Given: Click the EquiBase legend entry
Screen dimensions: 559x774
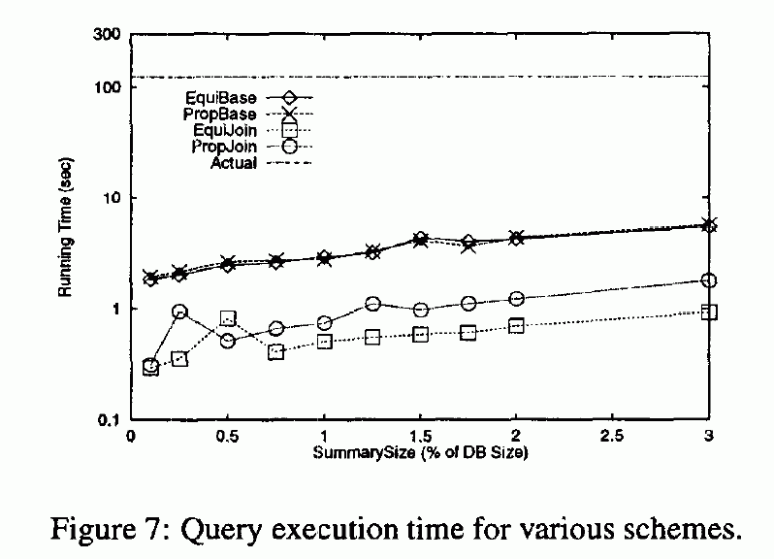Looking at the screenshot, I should tap(222, 98).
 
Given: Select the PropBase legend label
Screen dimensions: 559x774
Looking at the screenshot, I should tap(222, 115).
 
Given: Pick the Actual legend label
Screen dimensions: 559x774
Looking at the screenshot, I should tap(234, 163).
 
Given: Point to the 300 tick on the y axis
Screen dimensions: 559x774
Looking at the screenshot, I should tap(106, 35).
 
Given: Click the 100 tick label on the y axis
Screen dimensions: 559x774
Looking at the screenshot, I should tap(106, 87).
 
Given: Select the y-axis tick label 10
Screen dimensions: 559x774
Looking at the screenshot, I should tap(111, 198).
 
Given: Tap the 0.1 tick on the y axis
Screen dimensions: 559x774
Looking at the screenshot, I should tap(108, 420).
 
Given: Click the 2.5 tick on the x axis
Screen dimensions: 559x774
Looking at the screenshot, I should tap(612, 436).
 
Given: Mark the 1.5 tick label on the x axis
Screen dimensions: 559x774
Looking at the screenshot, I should tap(420, 436).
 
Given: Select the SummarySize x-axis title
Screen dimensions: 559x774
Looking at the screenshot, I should tap(420, 452).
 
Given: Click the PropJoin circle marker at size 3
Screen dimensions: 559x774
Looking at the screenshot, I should tap(708, 280).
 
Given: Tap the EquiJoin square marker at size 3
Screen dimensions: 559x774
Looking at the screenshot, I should tap(708, 312).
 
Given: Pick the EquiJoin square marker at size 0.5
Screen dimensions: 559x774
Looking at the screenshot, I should tap(228, 318).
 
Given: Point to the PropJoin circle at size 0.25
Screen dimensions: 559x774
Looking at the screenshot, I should tap(179, 312).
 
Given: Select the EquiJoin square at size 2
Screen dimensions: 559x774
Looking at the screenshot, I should tap(516, 326).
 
